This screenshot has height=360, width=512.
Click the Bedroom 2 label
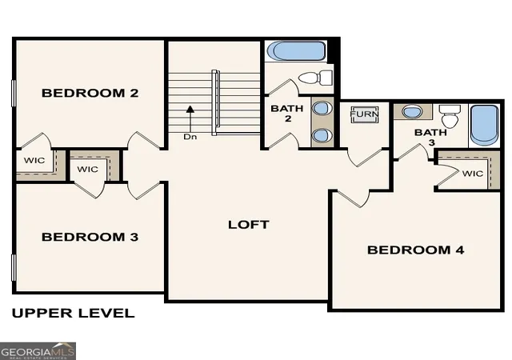tap(90, 93)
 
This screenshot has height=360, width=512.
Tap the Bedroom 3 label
tap(90, 237)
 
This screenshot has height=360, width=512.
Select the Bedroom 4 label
tap(416, 250)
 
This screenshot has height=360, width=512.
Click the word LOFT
tap(249, 225)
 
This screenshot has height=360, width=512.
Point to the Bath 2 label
tap(287, 114)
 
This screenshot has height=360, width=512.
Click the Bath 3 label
tap(430, 138)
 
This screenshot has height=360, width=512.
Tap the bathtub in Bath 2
tap(296, 51)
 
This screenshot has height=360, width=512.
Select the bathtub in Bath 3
tap(485, 126)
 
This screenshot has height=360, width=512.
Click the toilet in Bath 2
tap(315, 78)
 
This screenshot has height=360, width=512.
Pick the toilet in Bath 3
tap(450, 116)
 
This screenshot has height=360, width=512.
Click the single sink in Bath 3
tap(412, 112)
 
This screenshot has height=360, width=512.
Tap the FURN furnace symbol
tap(365, 114)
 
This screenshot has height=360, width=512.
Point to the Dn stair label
tap(190, 137)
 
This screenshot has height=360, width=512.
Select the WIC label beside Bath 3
tap(473, 174)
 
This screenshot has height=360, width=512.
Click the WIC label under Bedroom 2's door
tap(34, 160)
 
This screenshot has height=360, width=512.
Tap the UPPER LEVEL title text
tap(73, 313)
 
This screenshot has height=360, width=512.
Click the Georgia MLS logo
tap(38, 351)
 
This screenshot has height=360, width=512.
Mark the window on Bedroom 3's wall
tap(14, 268)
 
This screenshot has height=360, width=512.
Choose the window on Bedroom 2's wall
tap(14, 93)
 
